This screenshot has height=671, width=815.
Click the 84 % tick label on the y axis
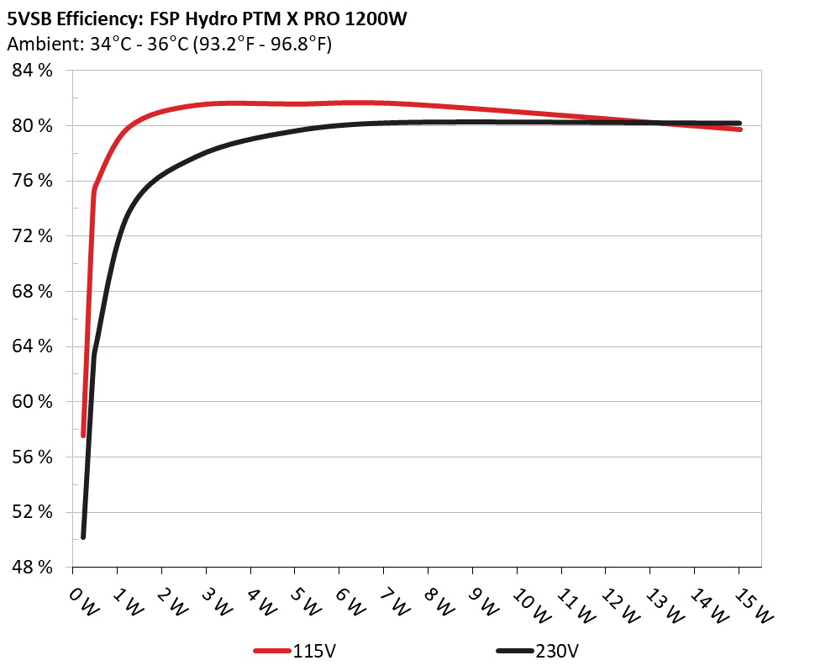click(x=33, y=71)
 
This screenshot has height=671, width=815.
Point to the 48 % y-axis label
click(x=33, y=568)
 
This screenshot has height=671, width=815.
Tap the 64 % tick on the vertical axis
click(x=33, y=346)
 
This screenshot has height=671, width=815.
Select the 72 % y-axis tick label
click(x=33, y=236)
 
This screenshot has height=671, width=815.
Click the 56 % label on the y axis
click(x=33, y=457)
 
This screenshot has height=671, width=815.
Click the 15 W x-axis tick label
click(x=751, y=602)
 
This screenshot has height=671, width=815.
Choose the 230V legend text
click(x=557, y=651)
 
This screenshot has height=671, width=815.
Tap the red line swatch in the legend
click(x=272, y=651)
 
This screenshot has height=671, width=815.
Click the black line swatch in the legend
click(x=514, y=651)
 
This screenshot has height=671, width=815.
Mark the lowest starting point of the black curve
click(x=83, y=536)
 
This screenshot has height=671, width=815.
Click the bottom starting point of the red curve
click(x=83, y=435)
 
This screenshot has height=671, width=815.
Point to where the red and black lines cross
click(x=655, y=123)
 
